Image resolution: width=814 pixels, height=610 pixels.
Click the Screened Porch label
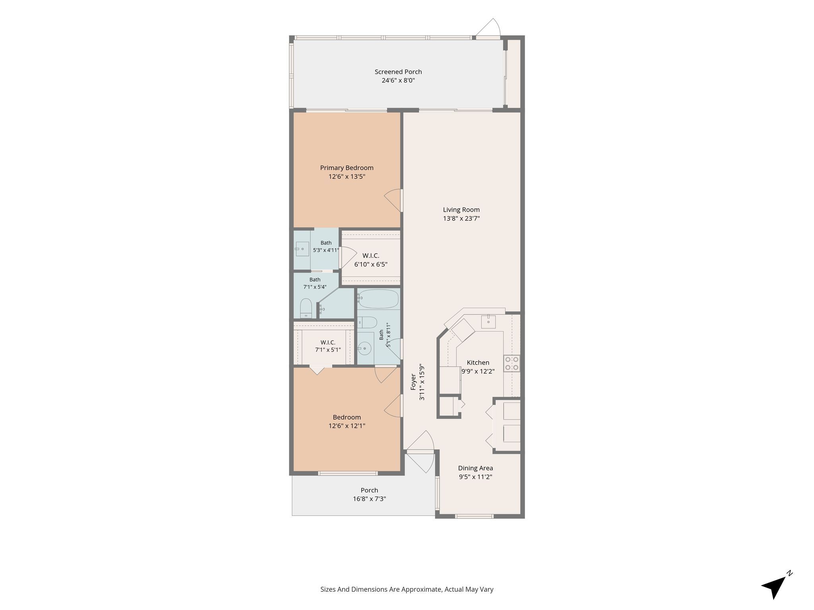(x=398, y=72)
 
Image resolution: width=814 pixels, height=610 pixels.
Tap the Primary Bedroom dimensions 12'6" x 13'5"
(x=347, y=177)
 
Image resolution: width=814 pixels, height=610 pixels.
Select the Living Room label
(x=461, y=210)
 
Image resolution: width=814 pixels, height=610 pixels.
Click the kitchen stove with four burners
(x=512, y=363)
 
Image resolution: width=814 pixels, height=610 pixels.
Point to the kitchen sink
(x=488, y=321)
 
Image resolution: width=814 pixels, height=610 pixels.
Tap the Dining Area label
(x=475, y=468)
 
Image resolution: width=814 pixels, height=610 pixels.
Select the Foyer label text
(x=413, y=382)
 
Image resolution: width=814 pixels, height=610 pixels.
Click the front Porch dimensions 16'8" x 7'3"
(x=369, y=499)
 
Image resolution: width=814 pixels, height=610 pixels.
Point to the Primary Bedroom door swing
(x=393, y=201)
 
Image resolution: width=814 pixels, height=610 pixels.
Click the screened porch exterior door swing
(x=488, y=28)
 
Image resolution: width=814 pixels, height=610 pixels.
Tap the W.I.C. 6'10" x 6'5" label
(x=371, y=260)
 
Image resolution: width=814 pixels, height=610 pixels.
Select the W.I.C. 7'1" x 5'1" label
(x=328, y=346)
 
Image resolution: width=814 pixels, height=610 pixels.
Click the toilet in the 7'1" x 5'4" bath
(x=306, y=309)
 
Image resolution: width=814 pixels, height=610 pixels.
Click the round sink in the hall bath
(x=364, y=349)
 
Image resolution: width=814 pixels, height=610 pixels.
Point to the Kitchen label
(x=478, y=363)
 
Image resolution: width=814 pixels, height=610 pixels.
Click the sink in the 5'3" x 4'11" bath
(x=302, y=249)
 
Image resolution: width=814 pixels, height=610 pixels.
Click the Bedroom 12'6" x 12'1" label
(x=347, y=421)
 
